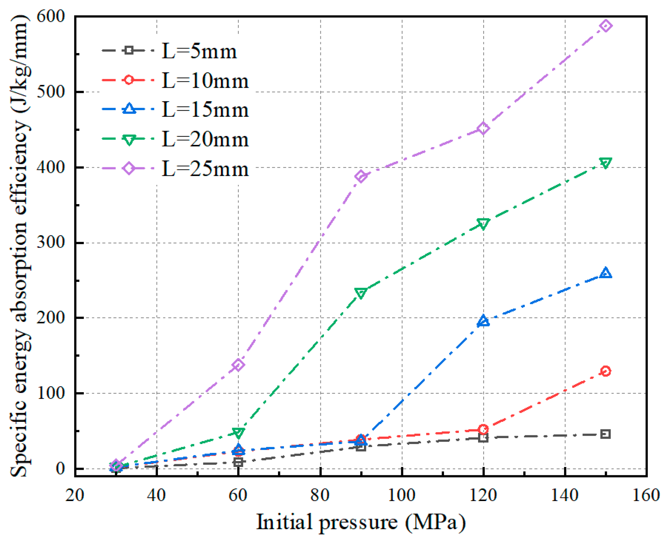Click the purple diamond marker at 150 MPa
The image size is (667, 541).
(605, 26)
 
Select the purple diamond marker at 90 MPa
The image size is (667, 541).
(361, 176)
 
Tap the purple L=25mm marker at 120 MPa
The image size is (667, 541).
(483, 128)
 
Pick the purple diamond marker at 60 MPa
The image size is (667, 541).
(238, 365)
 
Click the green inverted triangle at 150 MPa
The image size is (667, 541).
(605, 163)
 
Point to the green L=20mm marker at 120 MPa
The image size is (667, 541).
(483, 224)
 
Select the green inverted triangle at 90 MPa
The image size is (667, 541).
(361, 293)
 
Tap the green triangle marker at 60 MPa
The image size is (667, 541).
(238, 433)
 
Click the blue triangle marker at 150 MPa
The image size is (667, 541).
(605, 273)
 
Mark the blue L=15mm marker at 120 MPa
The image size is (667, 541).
(483, 321)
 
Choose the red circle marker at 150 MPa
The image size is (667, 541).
(605, 371)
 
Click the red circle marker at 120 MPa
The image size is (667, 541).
(483, 429)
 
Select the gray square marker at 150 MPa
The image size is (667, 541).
(605, 434)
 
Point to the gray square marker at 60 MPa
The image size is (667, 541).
(238, 462)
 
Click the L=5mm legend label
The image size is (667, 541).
(199, 51)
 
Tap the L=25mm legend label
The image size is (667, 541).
(205, 169)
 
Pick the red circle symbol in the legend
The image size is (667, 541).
(129, 80)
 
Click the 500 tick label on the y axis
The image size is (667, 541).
(51, 92)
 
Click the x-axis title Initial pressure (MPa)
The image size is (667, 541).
(361, 522)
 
